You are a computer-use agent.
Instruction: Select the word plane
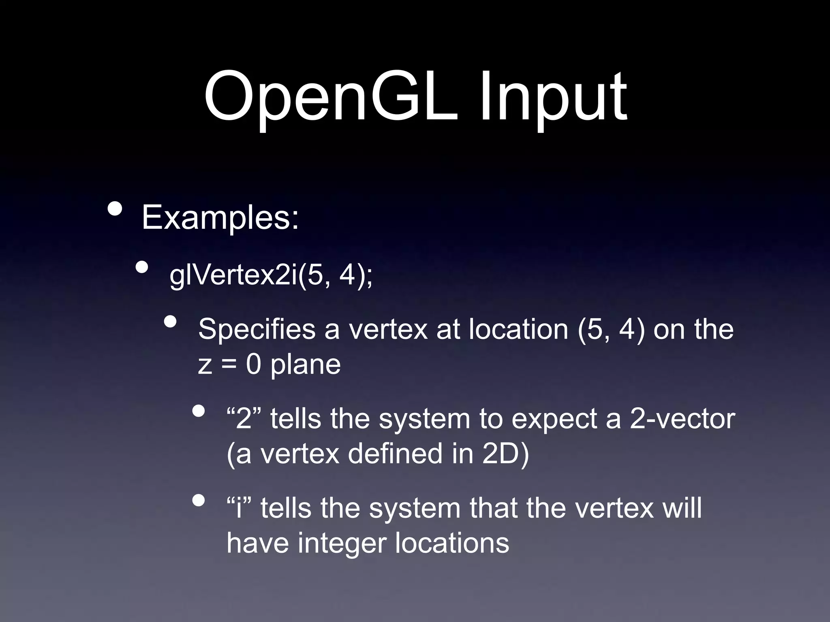tap(305, 364)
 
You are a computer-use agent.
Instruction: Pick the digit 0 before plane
tap(253, 364)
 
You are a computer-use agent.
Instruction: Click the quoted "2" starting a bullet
tap(244, 418)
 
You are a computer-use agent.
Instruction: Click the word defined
tap(395, 454)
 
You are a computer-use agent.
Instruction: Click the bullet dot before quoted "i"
tap(199, 501)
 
